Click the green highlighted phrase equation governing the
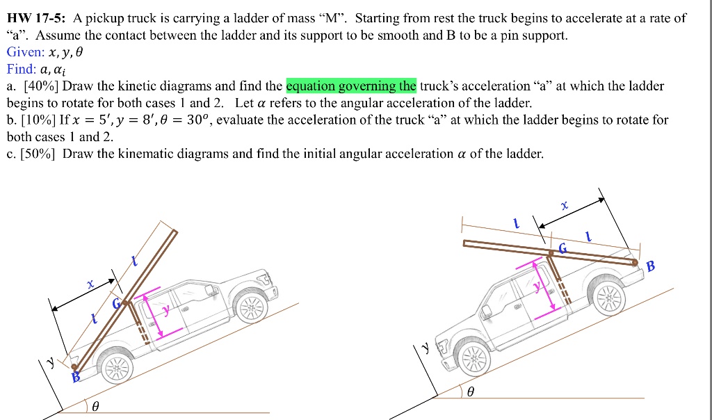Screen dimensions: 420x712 point(351,86)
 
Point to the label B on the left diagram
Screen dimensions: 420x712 point(76,376)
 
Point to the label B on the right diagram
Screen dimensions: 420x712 point(650,266)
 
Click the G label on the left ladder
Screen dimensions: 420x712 point(117,304)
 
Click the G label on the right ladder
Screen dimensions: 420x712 point(562,248)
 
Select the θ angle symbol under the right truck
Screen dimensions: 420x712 point(471,394)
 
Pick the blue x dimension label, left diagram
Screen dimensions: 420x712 point(90,284)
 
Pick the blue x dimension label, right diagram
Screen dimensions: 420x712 point(565,206)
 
